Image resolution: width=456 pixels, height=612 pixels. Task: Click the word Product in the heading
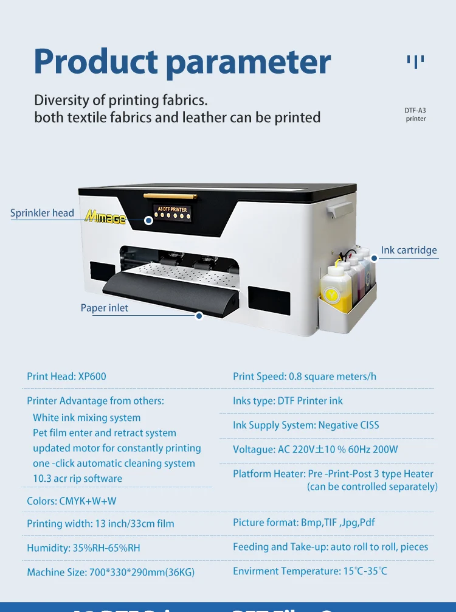click(95, 63)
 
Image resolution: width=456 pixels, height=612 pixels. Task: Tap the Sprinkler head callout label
click(42, 213)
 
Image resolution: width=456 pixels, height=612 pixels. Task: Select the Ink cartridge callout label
click(409, 250)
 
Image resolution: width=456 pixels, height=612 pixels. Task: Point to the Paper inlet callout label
click(105, 308)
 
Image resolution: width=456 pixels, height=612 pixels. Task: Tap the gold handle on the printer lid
click(170, 196)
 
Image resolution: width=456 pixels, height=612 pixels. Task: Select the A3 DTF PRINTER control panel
click(172, 214)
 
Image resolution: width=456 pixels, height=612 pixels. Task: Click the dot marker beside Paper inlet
click(199, 315)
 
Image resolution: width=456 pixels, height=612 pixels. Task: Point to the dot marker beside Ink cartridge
click(375, 257)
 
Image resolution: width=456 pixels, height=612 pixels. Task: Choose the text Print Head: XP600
click(66, 376)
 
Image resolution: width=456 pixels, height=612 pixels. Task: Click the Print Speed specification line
click(305, 376)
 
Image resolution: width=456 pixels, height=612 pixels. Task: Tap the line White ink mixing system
click(86, 417)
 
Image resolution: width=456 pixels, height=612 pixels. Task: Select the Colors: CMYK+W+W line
click(72, 501)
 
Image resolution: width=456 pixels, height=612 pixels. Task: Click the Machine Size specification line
click(111, 572)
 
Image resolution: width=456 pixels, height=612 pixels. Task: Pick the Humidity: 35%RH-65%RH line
click(83, 548)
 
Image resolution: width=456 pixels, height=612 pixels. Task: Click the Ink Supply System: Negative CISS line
click(306, 425)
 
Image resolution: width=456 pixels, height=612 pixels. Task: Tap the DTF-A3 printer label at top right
click(416, 114)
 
